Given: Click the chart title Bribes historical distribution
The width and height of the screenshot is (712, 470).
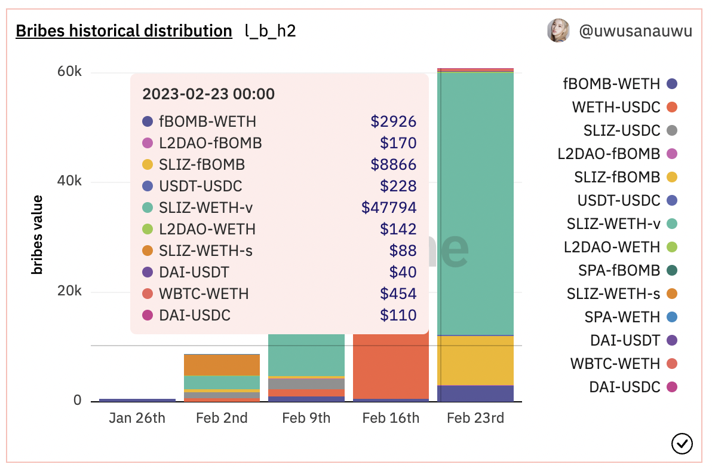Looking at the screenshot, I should [124, 31].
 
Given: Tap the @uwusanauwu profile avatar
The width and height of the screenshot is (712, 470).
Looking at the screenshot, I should [558, 30].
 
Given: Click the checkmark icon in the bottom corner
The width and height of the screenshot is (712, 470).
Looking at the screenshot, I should [682, 443].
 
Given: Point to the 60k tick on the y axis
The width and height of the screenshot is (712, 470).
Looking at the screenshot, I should [69, 72].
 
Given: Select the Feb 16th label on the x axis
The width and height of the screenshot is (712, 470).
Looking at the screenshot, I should [391, 418].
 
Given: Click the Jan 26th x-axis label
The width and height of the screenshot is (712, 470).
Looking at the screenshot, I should [137, 418].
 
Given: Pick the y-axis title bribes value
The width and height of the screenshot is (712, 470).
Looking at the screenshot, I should [38, 234].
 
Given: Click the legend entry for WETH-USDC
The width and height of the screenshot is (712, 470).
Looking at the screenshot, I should [616, 108].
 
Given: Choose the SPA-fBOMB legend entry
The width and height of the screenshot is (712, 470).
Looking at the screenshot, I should [619, 270].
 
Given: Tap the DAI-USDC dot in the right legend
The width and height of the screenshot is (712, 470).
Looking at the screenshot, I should [671, 387].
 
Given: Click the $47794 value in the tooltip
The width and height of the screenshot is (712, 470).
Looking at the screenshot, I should [389, 207].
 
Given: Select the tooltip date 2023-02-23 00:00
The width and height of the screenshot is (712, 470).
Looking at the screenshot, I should [208, 94].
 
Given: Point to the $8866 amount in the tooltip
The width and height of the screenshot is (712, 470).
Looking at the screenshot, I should [393, 164].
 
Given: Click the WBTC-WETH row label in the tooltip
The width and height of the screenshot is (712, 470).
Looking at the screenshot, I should [204, 294].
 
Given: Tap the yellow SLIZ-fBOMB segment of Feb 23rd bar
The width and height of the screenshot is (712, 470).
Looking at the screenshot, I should [475, 360].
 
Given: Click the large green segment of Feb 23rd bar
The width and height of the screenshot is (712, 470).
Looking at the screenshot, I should [475, 203].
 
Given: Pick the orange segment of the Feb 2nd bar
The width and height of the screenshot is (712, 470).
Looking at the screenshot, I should [222, 365].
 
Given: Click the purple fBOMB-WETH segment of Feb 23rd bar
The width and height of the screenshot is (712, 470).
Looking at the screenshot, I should [475, 393].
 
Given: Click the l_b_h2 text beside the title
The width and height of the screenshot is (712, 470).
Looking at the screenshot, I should [270, 31].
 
